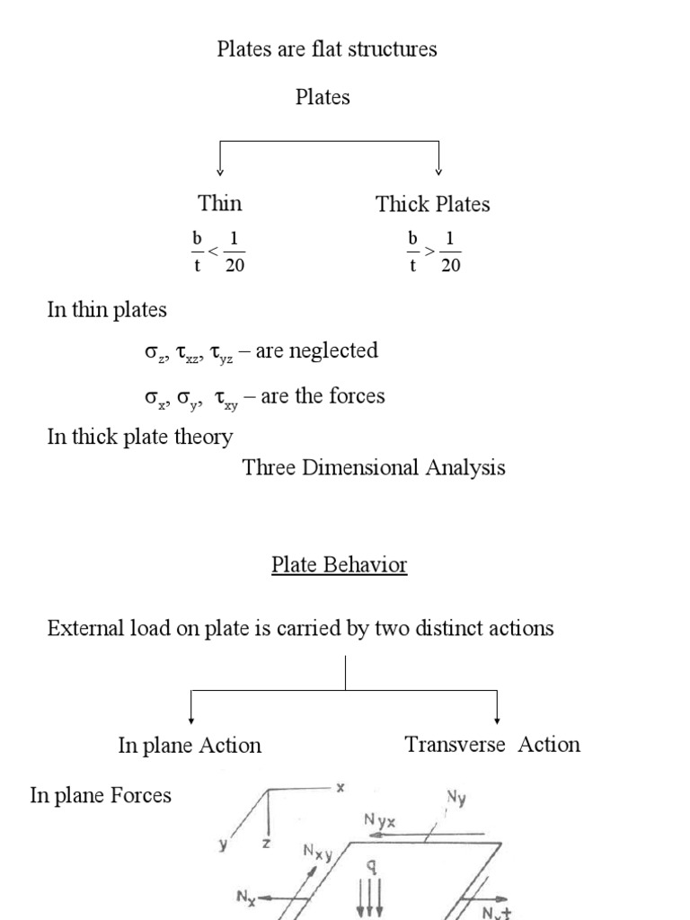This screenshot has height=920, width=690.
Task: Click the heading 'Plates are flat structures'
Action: pyautogui.click(x=327, y=49)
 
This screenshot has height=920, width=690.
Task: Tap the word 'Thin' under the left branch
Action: pyautogui.click(x=220, y=203)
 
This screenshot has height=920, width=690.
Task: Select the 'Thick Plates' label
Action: pyautogui.click(x=433, y=204)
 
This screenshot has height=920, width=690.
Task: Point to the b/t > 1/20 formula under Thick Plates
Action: pyautogui.click(x=435, y=252)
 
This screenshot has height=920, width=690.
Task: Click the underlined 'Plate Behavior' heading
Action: pyautogui.click(x=340, y=565)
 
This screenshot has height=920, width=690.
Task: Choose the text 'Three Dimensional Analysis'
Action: pyautogui.click(x=374, y=467)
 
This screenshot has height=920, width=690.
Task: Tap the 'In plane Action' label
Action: pyautogui.click(x=190, y=745)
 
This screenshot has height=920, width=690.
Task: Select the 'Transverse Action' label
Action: pyautogui.click(x=492, y=744)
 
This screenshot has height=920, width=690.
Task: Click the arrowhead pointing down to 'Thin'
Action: pyautogui.click(x=220, y=172)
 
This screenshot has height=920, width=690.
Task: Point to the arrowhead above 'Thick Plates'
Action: pyautogui.click(x=438, y=172)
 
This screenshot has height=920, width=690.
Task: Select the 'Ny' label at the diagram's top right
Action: pyautogui.click(x=456, y=796)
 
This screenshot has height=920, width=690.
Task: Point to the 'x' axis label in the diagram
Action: pyautogui.click(x=341, y=787)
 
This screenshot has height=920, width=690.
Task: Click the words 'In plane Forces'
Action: pyautogui.click(x=101, y=795)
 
